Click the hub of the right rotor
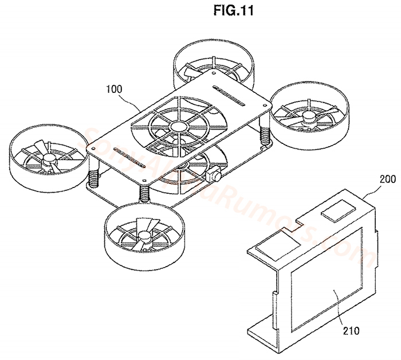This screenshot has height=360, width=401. (310, 116)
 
